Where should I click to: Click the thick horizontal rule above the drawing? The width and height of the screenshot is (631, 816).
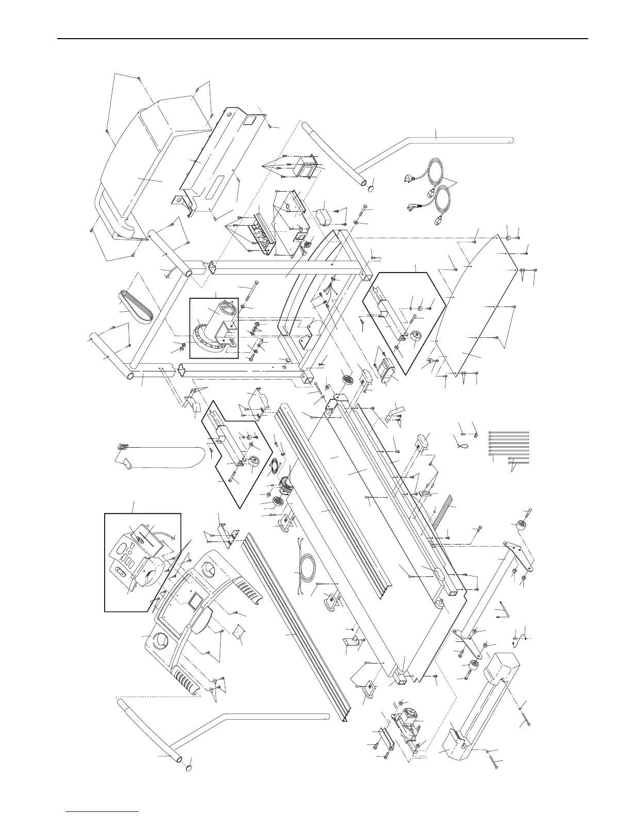click(322, 39)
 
